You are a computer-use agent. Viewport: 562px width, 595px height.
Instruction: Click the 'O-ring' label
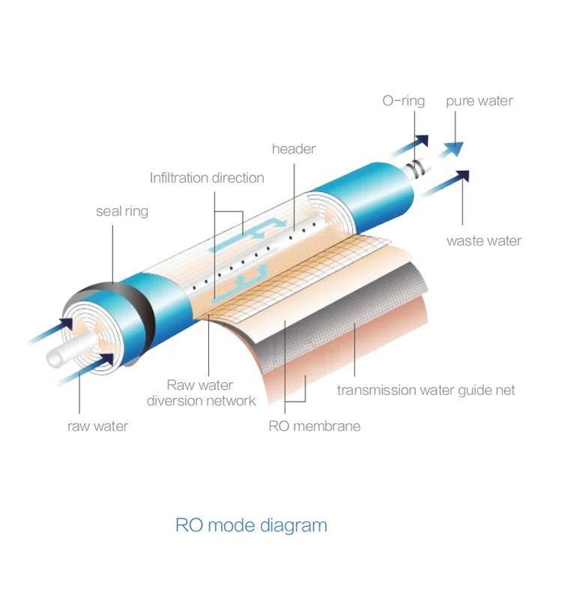tap(403, 100)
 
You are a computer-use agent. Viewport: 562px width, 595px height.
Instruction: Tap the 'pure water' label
tap(480, 100)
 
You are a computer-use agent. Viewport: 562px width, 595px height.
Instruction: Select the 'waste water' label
tap(484, 241)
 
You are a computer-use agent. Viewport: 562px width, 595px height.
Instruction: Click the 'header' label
tap(294, 148)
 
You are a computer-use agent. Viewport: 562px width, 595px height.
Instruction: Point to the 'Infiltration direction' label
tap(207, 178)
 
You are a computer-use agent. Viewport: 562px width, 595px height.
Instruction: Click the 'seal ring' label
tap(122, 211)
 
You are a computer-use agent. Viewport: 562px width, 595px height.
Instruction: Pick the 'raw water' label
tap(97, 426)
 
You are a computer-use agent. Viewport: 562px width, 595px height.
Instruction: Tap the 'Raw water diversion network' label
tap(201, 393)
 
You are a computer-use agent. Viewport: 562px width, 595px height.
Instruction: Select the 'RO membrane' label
tap(315, 426)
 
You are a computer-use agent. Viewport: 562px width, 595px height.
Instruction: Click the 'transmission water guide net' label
tap(426, 390)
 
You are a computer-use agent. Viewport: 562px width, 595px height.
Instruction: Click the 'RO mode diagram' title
tap(251, 525)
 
